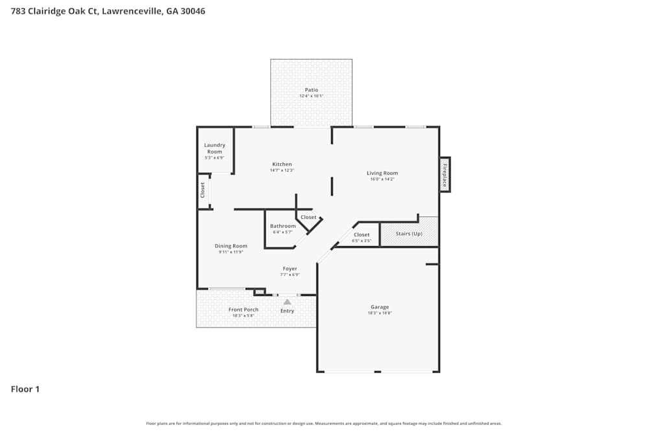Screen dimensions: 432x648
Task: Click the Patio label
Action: (x=312, y=90)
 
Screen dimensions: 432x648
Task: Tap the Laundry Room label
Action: (x=214, y=148)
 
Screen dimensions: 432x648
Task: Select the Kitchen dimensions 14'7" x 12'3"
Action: (x=282, y=170)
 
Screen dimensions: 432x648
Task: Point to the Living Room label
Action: (x=382, y=173)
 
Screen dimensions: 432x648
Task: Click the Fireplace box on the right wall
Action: (x=445, y=175)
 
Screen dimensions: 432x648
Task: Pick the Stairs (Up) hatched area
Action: (x=409, y=234)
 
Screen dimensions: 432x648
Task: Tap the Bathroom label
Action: (x=283, y=226)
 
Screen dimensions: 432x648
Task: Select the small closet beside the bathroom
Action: (x=308, y=218)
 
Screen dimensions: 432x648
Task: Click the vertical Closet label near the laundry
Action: (x=203, y=190)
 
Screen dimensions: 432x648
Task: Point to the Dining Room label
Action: (x=231, y=246)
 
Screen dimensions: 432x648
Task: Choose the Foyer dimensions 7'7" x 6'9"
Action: (x=290, y=275)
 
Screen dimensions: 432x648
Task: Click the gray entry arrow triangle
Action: (x=287, y=301)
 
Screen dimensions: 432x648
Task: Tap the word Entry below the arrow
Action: (x=287, y=311)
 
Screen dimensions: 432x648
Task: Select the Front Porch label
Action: (x=244, y=310)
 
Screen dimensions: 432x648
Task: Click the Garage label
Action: (x=380, y=307)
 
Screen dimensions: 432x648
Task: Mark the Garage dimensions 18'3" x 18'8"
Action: (x=380, y=313)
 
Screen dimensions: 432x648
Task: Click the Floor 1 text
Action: (x=25, y=389)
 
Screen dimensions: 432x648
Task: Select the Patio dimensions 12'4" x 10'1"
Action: (x=312, y=96)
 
